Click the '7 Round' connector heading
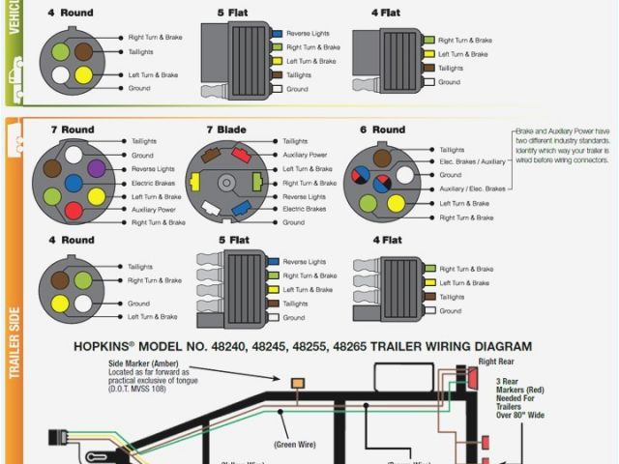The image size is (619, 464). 72,130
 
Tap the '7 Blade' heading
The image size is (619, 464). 225,130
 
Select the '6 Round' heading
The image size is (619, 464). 382,130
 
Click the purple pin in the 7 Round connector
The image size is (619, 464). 96,168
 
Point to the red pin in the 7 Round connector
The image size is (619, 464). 74,209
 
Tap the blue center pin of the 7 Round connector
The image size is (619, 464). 74,183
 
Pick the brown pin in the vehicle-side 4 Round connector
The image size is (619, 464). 84,50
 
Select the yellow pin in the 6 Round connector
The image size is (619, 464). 396,203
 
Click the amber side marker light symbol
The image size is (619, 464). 298,384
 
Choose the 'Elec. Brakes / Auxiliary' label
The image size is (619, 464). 472,161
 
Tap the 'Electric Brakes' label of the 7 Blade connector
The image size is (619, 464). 304,209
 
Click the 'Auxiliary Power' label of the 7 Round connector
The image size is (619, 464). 154,209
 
